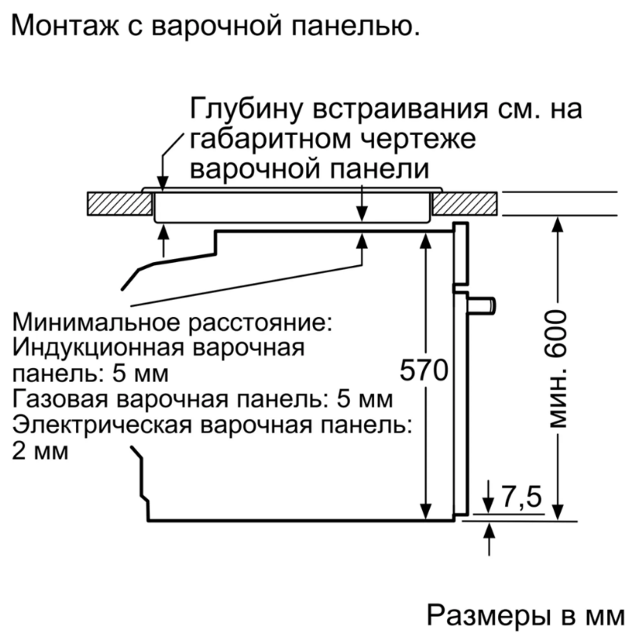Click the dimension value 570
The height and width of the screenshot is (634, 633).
(x=424, y=370)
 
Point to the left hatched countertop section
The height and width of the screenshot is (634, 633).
(x=120, y=203)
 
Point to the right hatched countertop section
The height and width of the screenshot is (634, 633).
(x=465, y=203)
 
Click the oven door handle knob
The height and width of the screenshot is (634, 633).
(x=482, y=305)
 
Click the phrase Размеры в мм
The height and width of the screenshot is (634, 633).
(x=526, y=616)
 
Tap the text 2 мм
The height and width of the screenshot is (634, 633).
(x=40, y=451)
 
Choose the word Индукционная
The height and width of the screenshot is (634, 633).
(x=99, y=348)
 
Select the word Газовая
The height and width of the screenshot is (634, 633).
(x=60, y=399)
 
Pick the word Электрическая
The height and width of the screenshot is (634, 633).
(x=102, y=425)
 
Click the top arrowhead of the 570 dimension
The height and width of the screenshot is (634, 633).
(x=425, y=240)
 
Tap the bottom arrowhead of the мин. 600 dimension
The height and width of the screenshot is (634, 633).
(x=558, y=512)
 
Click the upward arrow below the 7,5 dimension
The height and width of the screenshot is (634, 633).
(x=489, y=539)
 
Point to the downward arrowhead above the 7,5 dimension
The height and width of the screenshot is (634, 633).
(x=489, y=506)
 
